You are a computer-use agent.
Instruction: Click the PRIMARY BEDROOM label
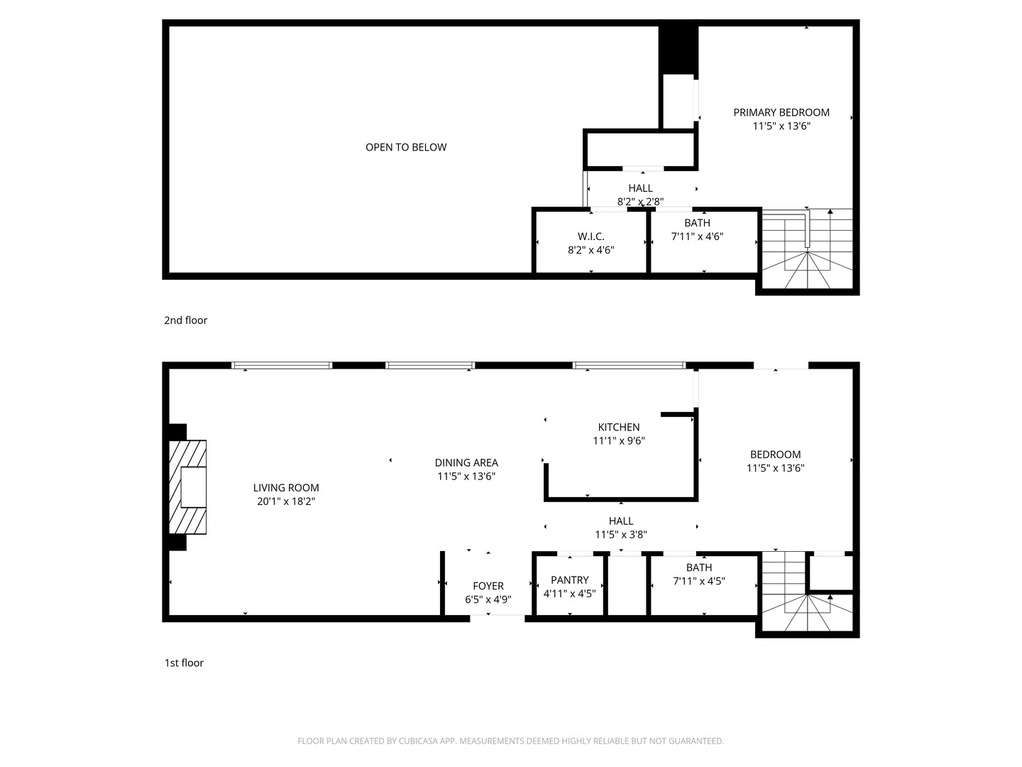pos(781,112)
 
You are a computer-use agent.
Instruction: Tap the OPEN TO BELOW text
pos(406,147)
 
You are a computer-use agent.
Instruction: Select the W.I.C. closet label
pos(590,236)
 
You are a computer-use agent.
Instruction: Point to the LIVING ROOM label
pos(286,488)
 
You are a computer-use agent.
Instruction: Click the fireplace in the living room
pos(188,487)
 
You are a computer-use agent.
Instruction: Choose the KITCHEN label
pos(619,427)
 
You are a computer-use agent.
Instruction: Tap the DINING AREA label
pos(466,462)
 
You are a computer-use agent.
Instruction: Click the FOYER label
pos(488,586)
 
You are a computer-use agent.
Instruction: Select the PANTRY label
pos(569,580)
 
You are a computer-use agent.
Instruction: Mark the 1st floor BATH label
pos(699,567)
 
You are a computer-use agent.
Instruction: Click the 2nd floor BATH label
pos(697,223)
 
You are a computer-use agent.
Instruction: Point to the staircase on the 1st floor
pos(806,595)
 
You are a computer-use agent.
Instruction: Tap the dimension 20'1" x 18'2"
pos(286,501)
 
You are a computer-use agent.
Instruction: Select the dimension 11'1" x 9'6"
pos(619,440)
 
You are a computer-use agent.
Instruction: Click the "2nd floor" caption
pos(186,320)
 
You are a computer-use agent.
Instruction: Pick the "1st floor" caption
pos(184,663)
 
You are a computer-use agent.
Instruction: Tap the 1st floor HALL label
pos(620,521)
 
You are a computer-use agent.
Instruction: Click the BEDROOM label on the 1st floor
pos(775,455)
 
